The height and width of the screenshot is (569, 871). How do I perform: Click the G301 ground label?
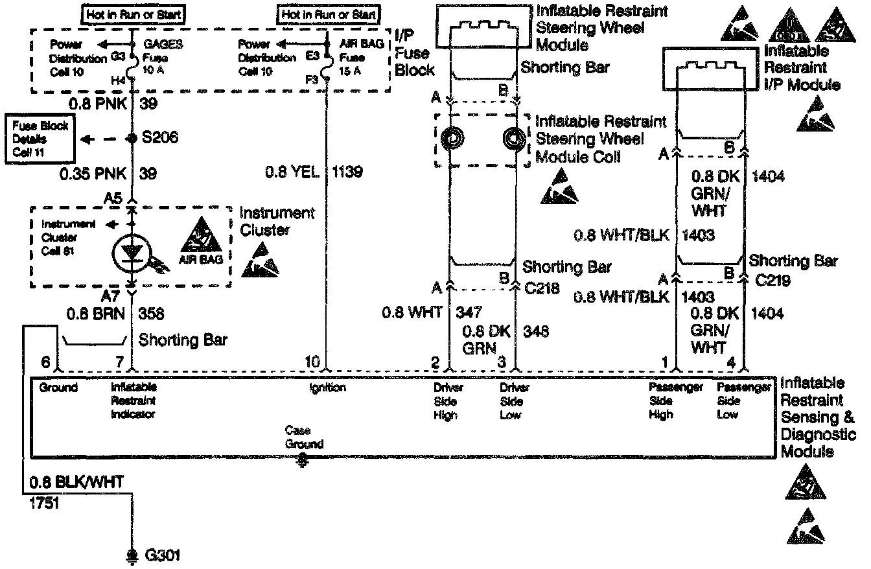162,555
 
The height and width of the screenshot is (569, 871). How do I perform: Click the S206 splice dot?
132,138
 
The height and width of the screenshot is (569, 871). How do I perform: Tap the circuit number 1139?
347,172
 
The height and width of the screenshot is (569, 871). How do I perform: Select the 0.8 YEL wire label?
292,172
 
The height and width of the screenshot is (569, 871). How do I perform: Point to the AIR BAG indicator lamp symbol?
131,253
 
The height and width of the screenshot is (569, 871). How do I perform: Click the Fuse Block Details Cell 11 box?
38,139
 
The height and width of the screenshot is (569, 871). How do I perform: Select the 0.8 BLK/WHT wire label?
75,482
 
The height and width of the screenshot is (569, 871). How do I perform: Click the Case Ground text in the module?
303,437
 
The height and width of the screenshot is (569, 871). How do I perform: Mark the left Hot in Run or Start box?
133,13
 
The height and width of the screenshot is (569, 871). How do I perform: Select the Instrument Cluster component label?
277,222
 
